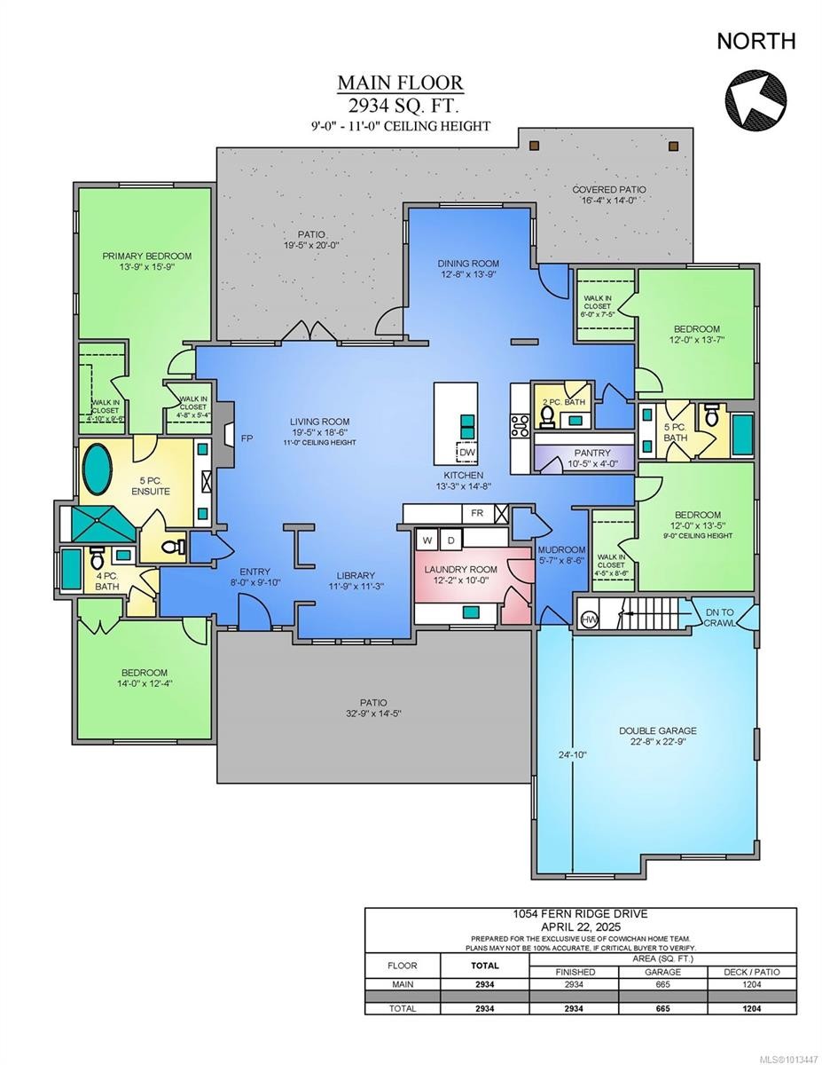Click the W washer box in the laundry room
[x=427, y=540]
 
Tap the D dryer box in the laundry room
[x=450, y=540]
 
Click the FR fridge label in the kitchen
[x=477, y=514]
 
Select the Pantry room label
[x=568, y=453]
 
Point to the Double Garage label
[x=657, y=730]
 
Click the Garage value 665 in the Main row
[x=662, y=984]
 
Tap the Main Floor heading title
[x=399, y=83]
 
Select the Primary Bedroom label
[x=146, y=256]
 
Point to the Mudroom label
[x=561, y=549]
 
